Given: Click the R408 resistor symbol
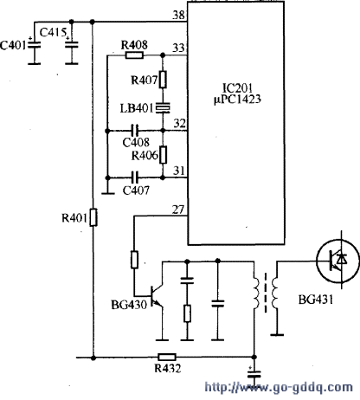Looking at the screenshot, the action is coord(134,55).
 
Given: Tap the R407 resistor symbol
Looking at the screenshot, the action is coord(163,79).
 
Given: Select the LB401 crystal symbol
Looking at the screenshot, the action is coord(163,107).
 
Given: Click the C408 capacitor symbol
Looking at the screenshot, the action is coord(135,131).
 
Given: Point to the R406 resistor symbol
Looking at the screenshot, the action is coord(163,155).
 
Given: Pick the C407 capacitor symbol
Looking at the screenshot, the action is coord(135,177).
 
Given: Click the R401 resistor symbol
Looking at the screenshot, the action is coord(93,217).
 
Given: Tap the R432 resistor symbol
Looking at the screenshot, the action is coord(167,358).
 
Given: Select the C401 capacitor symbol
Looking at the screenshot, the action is coord(34,45).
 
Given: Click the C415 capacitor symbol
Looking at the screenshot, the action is coord(72,45).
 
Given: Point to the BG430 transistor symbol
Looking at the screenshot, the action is coord(157,296).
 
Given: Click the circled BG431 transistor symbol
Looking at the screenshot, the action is coord(338,261).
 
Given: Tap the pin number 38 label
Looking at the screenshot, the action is coord(178,16).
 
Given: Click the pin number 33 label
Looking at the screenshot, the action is coord(178,48).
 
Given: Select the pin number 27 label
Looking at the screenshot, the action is coord(178,210).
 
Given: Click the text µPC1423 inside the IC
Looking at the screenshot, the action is coord(237,100).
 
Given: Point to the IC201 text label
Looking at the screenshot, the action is coord(238,87).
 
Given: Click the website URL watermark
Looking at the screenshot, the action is coord(279,387).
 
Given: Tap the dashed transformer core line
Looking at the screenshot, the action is coord(266,293).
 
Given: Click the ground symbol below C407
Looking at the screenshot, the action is coord(108,194).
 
